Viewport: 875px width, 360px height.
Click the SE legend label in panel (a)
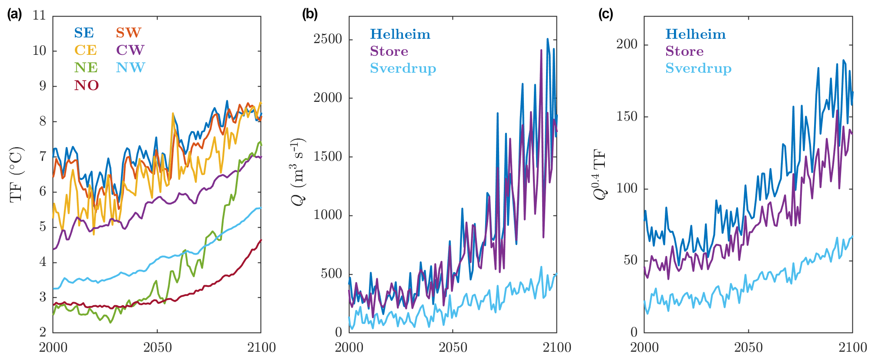[x=84, y=33]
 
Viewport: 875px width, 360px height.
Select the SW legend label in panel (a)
[x=128, y=33]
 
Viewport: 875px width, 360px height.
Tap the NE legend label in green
[x=86, y=68]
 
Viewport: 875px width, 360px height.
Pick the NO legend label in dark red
[x=86, y=85]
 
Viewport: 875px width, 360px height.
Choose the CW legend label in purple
[x=130, y=50]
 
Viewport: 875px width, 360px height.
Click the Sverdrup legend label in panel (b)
[x=403, y=69]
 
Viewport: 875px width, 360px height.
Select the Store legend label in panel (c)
[x=684, y=51]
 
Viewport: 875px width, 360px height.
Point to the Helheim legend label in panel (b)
[x=400, y=34]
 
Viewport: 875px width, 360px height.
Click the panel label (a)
[x=14, y=14]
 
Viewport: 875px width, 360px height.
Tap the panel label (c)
[x=606, y=14]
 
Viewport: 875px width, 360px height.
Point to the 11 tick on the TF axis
[x=39, y=16]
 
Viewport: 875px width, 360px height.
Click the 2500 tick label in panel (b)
[x=328, y=39]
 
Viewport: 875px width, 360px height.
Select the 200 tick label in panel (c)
[x=627, y=44]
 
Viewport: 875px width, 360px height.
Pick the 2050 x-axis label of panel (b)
[x=453, y=348]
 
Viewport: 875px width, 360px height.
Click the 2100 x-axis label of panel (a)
[x=261, y=348]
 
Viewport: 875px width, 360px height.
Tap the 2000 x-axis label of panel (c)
[x=644, y=348]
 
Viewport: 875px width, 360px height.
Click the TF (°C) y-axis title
[x=17, y=174]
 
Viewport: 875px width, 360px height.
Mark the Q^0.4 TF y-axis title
[x=600, y=174]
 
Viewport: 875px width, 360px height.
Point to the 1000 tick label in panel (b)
[x=328, y=215]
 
